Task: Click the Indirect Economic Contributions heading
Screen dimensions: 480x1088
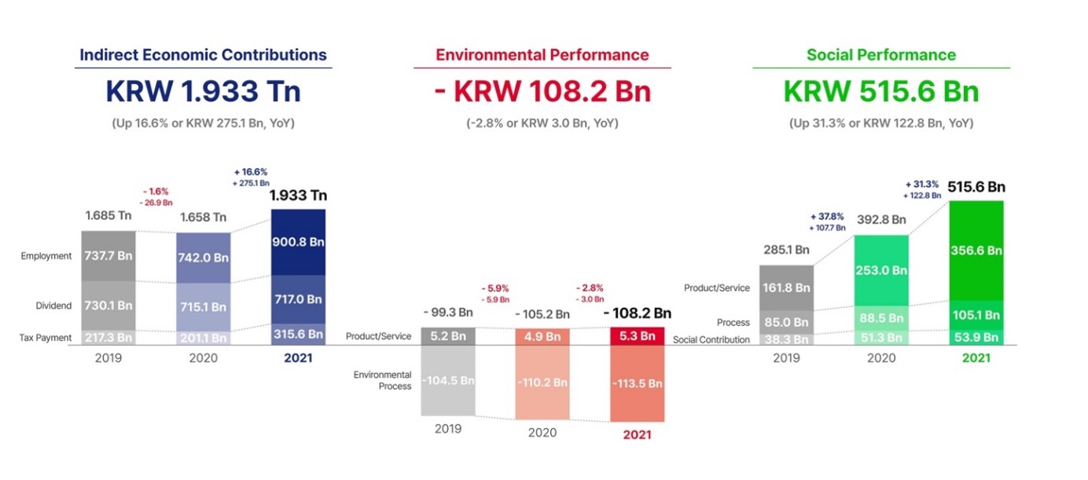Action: pos(203,55)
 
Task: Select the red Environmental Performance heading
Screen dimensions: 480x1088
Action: pos(542,55)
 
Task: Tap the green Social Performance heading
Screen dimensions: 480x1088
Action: pos(881,55)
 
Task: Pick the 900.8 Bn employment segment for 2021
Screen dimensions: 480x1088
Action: pos(298,242)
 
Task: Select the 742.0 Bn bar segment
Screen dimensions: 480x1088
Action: pos(204,257)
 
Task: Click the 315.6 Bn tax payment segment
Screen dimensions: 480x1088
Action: pos(298,334)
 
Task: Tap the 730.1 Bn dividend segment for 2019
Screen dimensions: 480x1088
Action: pos(108,305)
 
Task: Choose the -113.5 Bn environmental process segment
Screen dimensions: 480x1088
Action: pos(638,383)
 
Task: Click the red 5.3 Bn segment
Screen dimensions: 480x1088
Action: pos(638,336)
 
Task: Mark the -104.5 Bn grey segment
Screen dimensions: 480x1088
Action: pos(447,381)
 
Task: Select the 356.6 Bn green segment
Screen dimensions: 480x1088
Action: pos(976,251)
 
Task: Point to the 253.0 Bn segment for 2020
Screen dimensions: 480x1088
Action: pos(881,270)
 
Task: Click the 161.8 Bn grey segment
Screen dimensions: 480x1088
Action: pos(786,288)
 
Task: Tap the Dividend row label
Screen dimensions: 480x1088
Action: pos(53,306)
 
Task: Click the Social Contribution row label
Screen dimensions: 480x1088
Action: pos(711,340)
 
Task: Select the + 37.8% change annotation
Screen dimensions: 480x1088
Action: pos(827,216)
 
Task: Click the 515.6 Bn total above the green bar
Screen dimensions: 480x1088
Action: pos(976,187)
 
